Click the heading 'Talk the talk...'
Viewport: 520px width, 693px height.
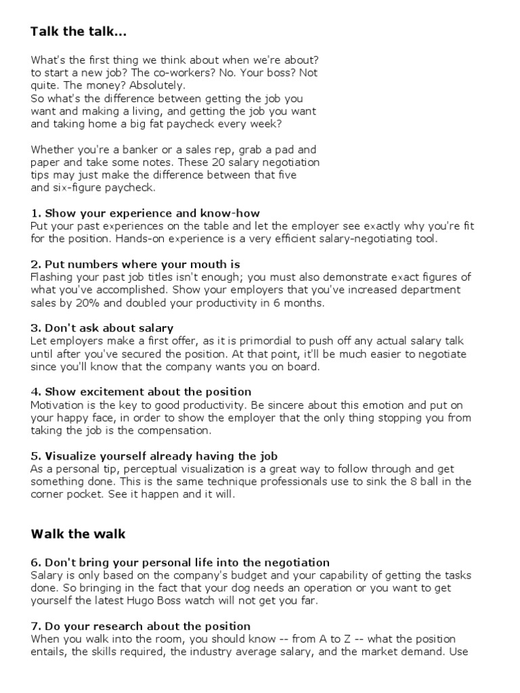pyautogui.click(x=79, y=32)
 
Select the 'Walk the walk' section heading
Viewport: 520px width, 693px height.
pyautogui.click(x=79, y=534)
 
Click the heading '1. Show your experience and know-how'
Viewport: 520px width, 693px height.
pyautogui.click(x=146, y=213)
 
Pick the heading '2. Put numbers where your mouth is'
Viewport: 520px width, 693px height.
pyautogui.click(x=135, y=264)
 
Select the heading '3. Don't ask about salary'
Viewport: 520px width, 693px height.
pyautogui.click(x=102, y=328)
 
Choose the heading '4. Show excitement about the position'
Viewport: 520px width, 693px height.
pyautogui.click(x=141, y=392)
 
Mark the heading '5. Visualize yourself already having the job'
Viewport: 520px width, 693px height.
pyautogui.click(x=154, y=456)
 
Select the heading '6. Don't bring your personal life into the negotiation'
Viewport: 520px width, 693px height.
pyautogui.click(x=180, y=562)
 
